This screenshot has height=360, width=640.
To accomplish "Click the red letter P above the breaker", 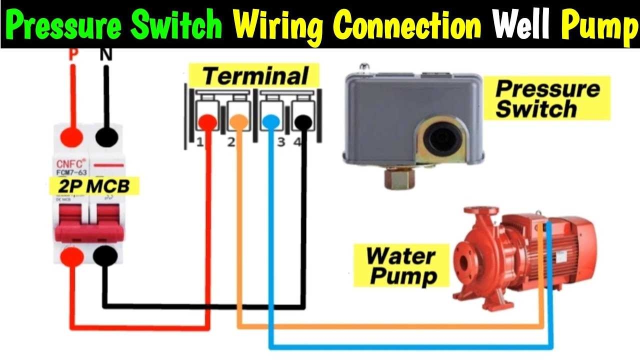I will click(73, 54).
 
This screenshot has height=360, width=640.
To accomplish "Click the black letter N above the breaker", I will click(105, 54).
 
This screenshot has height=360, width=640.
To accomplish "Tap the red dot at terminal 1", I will click(207, 121).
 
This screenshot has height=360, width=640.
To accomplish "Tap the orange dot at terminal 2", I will click(238, 121).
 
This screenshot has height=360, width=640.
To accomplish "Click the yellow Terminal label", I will click(255, 76).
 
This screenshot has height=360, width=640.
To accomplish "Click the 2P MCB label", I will click(93, 186).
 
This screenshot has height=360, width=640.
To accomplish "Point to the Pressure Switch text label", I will click(547, 98).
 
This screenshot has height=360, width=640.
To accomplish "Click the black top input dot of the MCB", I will click(105, 135).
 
